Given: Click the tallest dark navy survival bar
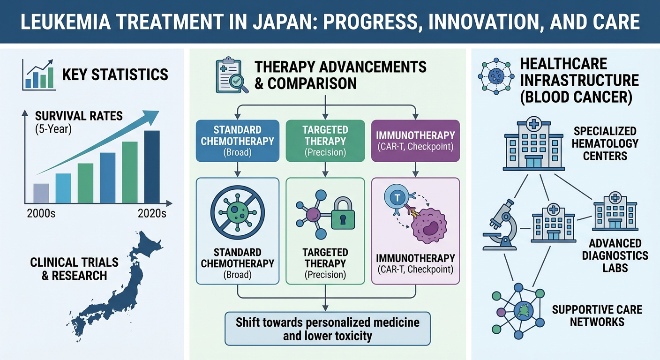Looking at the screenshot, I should click(152, 166).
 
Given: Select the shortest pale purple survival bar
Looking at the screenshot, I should click(41, 193).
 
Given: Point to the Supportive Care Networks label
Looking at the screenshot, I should click(597, 315).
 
